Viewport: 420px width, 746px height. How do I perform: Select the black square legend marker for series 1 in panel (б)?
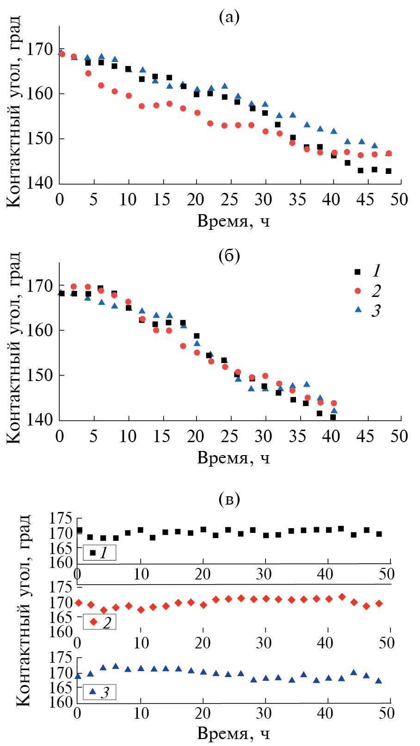(358, 271)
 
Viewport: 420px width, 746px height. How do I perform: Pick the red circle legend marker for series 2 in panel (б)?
(358, 290)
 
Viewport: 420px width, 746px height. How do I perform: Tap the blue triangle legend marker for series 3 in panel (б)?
(358, 309)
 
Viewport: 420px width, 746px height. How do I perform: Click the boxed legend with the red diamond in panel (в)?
(99, 622)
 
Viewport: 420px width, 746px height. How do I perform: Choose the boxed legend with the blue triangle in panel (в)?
(99, 692)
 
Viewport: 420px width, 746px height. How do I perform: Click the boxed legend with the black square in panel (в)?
(99, 552)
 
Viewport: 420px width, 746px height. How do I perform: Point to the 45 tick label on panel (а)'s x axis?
(365, 200)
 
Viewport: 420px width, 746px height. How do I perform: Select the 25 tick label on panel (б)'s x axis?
(229, 437)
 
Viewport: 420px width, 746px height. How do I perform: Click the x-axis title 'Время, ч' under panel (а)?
(233, 222)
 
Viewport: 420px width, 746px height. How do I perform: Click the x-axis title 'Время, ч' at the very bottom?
(233, 734)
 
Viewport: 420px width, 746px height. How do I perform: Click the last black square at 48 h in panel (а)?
(389, 171)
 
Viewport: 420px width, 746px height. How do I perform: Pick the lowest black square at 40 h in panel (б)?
(333, 417)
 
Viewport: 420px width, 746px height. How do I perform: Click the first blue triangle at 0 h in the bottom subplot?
(78, 676)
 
